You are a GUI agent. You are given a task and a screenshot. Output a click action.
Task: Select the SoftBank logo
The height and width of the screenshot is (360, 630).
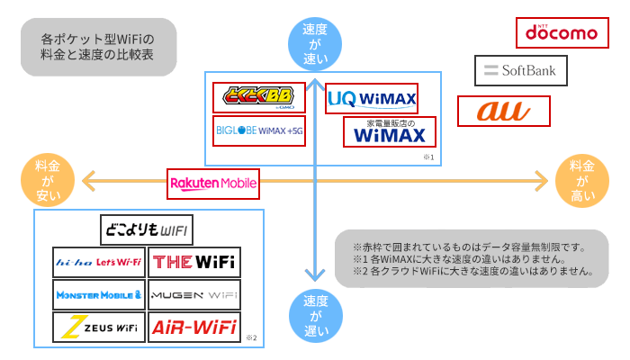(522, 70)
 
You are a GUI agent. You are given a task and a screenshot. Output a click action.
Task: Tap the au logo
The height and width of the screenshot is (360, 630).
(503, 112)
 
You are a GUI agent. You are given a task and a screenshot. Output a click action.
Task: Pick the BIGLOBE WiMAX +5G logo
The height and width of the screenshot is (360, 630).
(258, 131)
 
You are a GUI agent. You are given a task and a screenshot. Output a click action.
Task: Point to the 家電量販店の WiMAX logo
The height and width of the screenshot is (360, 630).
(389, 131)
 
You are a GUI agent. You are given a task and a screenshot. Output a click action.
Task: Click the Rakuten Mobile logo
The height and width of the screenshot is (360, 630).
(214, 184)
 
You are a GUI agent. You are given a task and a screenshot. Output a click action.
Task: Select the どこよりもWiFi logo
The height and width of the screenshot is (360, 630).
(146, 229)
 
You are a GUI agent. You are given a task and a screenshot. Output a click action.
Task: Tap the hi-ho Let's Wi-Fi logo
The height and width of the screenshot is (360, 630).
(99, 262)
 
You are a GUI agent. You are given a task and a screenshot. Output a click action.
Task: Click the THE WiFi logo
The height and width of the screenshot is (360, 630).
(194, 262)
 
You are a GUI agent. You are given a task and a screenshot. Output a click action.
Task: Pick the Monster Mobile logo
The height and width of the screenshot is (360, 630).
(99, 294)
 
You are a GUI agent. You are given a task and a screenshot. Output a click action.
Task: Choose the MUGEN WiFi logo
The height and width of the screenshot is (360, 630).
(194, 294)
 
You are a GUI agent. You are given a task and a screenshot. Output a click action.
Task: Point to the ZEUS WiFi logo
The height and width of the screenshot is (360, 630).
(99, 328)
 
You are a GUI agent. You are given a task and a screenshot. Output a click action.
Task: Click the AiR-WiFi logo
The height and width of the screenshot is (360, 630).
(194, 328)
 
